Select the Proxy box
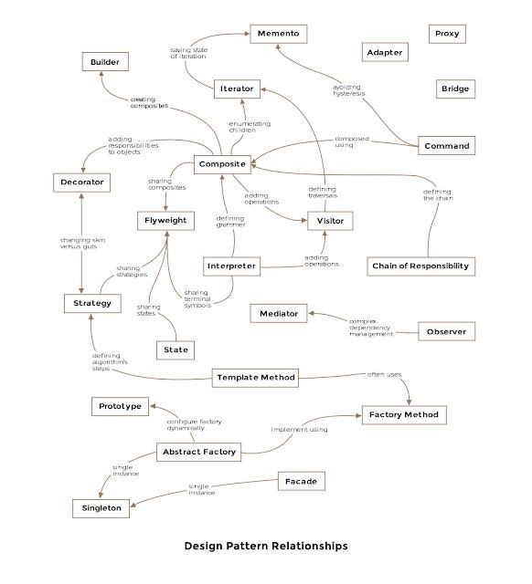(x=449, y=34)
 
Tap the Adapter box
(x=385, y=53)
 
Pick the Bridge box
(x=455, y=89)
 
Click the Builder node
(x=105, y=62)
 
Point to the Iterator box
(x=237, y=89)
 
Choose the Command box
(x=447, y=146)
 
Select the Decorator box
(x=82, y=182)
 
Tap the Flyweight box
(x=166, y=220)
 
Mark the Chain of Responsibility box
(x=420, y=266)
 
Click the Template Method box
(x=256, y=377)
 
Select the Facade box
(x=301, y=480)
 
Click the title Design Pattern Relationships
(x=266, y=547)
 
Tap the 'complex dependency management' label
(x=371, y=328)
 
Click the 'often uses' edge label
(x=383, y=375)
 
